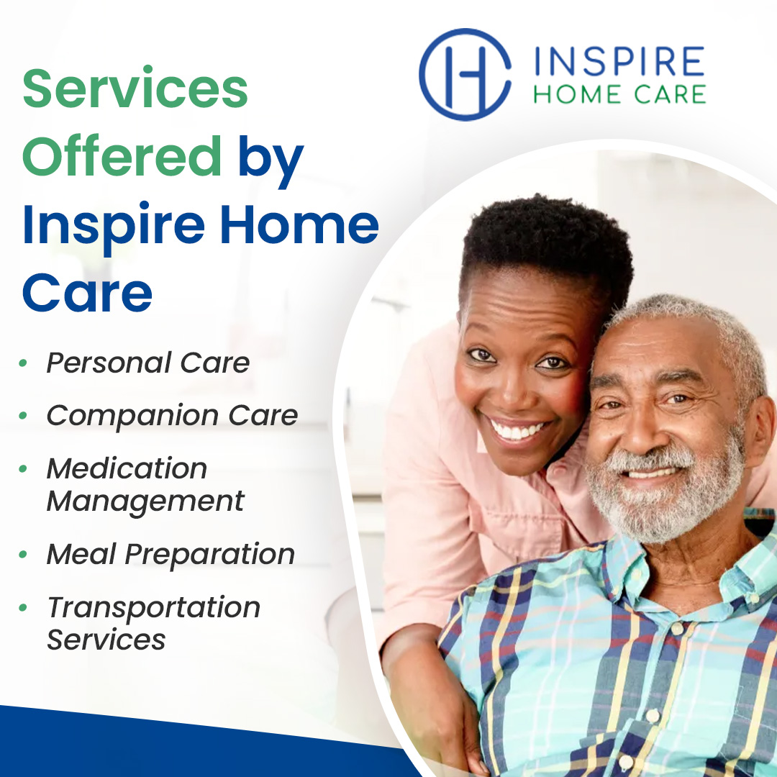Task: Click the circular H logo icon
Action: click(x=465, y=74)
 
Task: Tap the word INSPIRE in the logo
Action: click(x=619, y=61)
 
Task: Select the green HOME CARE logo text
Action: click(x=619, y=94)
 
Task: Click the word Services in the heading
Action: click(x=135, y=88)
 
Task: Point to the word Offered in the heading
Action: click(x=122, y=155)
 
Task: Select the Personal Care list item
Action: click(x=147, y=363)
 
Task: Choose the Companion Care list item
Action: click(x=172, y=416)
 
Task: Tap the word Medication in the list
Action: click(x=127, y=468)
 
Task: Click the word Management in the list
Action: click(x=145, y=501)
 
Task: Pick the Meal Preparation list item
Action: click(x=171, y=554)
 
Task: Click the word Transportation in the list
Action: click(x=154, y=607)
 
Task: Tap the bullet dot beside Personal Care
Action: click(x=23, y=363)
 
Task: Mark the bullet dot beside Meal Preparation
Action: click(x=23, y=554)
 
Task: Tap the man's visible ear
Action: click(x=760, y=426)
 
